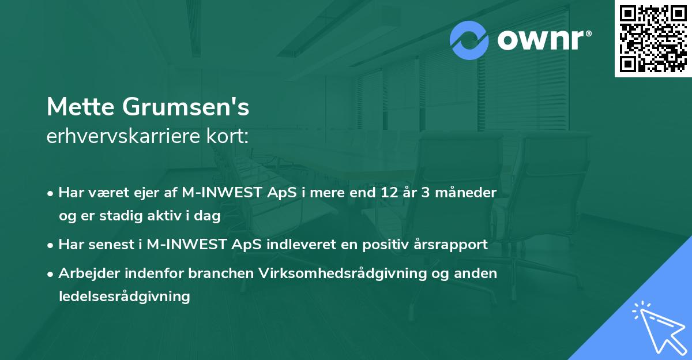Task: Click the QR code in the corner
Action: pos(653,38)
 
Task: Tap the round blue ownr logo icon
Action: pos(469,40)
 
